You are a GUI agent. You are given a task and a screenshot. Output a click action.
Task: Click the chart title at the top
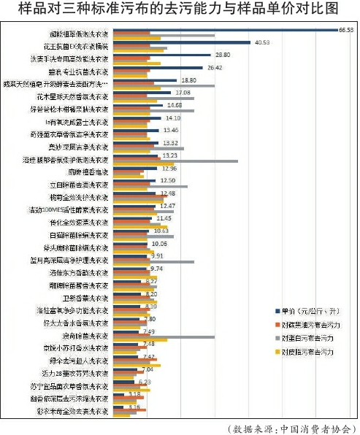pyautogui.click(x=180, y=9)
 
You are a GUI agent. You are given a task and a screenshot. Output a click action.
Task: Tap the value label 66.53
pyautogui.click(x=345, y=30)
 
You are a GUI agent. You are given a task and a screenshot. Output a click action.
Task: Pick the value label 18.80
pyautogui.click(x=188, y=80)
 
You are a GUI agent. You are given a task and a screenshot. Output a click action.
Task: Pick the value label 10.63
pyautogui.click(x=161, y=231)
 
